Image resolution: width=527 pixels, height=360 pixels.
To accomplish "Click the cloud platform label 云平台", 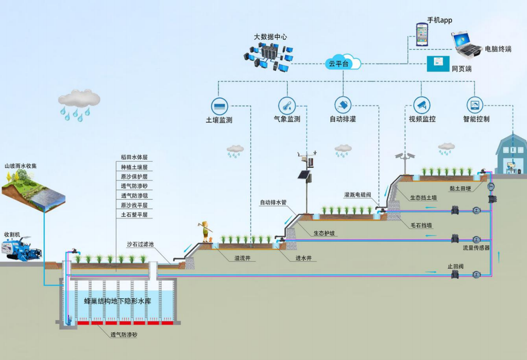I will (338, 64).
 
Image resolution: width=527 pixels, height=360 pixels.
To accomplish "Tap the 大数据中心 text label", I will (270, 37).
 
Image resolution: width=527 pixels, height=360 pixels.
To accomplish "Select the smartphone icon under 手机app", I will (423, 35).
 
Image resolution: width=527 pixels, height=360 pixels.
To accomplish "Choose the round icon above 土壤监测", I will (219, 105).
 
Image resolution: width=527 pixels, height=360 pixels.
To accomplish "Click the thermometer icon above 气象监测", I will (286, 105).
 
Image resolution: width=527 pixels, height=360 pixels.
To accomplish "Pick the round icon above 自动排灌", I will (343, 105).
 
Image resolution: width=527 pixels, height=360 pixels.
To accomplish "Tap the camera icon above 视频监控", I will (422, 105).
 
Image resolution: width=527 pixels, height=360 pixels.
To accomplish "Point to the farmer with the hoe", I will (206, 230).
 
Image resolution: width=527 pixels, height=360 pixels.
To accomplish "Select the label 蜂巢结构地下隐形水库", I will (117, 301).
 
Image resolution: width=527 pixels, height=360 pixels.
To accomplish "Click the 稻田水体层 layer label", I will (134, 157).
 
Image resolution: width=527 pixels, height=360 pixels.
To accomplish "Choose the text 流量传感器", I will (476, 248).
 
